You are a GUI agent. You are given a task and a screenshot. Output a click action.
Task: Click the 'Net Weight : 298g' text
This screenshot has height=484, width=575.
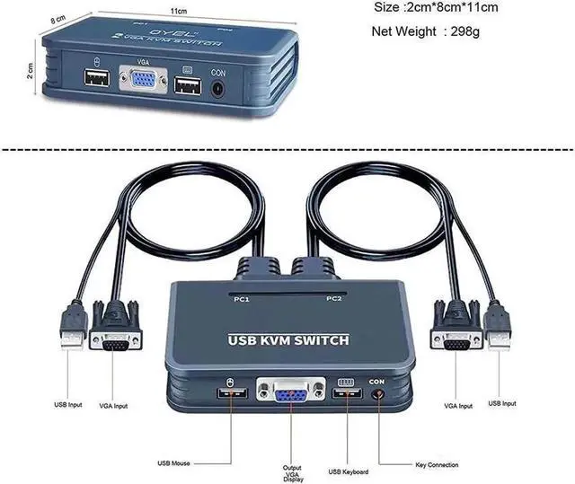pos(426,32)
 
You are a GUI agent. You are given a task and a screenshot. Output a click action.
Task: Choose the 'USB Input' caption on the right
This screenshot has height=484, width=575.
pos(501,403)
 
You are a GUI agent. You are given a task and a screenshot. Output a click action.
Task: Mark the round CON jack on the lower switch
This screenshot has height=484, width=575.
pos(377,396)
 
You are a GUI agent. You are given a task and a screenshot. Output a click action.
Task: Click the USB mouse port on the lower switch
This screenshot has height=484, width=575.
pos(229,397)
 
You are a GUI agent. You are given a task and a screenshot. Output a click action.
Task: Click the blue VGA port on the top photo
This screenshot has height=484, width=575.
pos(143,83)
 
